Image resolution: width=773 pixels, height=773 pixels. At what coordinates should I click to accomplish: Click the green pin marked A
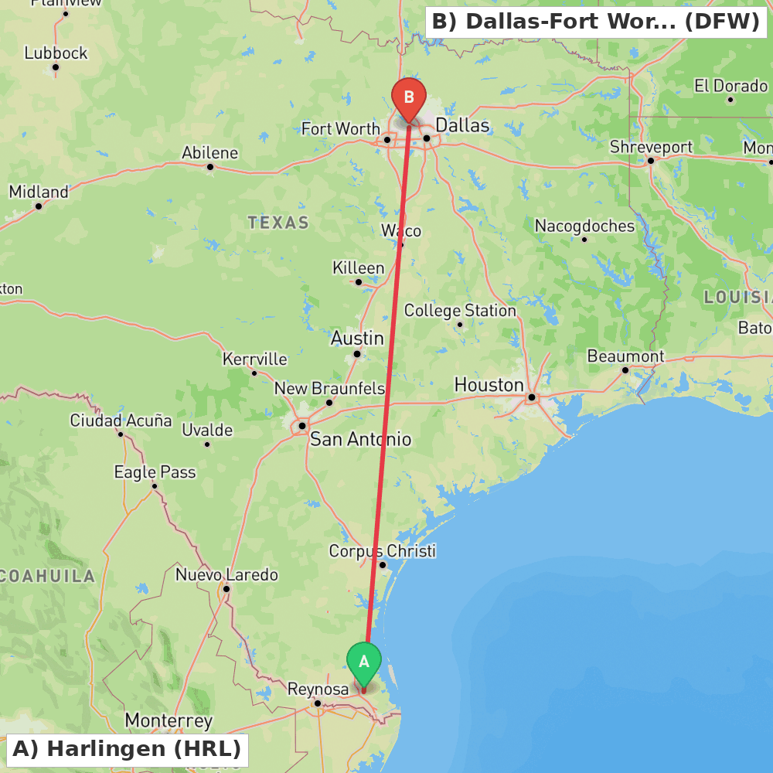tap(363, 663)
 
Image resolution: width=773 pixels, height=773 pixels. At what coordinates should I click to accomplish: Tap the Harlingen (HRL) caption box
tap(127, 749)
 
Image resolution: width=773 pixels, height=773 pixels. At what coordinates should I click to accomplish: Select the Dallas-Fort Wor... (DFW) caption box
tap(595, 22)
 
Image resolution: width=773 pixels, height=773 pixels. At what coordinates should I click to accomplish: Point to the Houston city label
tap(489, 384)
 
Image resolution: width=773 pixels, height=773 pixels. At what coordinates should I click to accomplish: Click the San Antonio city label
tap(360, 439)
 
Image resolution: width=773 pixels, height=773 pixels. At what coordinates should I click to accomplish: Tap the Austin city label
tap(357, 338)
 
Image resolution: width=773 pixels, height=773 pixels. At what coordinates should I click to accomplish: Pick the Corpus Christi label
tap(382, 551)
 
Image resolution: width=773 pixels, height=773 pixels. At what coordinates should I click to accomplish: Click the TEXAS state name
tap(278, 223)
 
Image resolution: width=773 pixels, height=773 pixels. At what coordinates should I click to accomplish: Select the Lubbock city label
tap(56, 53)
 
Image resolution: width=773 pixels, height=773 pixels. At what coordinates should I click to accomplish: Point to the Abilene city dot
tap(209, 166)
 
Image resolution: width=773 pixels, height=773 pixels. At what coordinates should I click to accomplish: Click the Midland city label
tap(39, 191)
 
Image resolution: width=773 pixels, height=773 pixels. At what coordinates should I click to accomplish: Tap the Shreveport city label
tap(651, 147)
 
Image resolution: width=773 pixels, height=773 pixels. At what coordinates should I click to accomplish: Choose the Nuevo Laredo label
tap(226, 575)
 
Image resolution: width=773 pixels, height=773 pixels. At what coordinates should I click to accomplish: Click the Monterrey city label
tap(169, 720)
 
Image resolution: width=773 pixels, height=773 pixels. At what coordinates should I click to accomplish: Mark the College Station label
tap(460, 311)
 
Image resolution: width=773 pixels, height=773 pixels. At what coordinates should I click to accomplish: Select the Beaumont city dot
tap(625, 369)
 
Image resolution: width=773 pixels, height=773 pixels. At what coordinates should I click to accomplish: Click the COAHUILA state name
tap(48, 576)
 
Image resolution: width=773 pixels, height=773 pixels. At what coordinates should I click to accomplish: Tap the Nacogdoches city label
tap(584, 226)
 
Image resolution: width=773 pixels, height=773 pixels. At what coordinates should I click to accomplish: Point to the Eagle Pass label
tap(155, 472)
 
